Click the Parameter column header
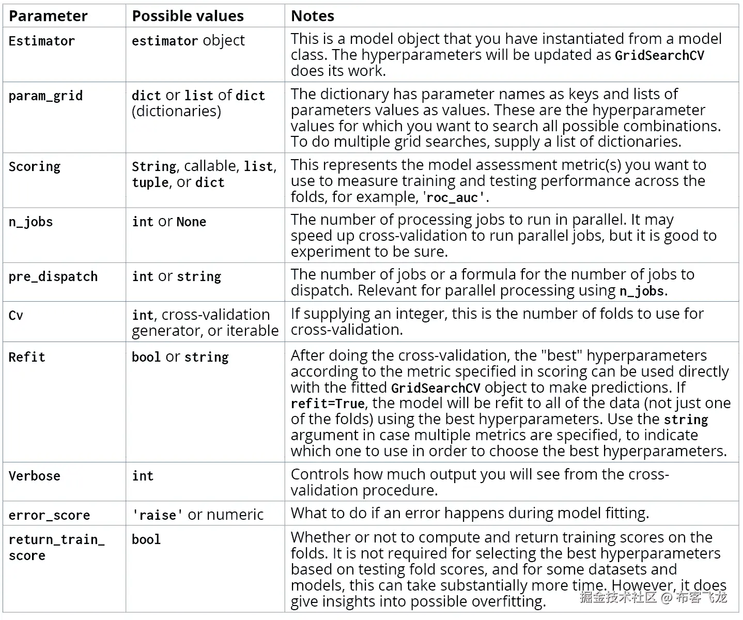pos(48,16)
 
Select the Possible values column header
pos(188,16)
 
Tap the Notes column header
pos(313,16)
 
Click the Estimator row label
pos(42,41)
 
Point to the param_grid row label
pos(45,96)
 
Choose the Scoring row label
pos(35,166)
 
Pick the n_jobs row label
pos(30,222)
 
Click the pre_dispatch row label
pos(53,276)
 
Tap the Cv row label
pos(16,315)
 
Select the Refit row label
pos(27,357)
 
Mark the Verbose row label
pos(35,476)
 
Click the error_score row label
pos(49,515)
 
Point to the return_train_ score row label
pos(56,547)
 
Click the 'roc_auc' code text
pos(454,197)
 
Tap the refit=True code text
pos(328,404)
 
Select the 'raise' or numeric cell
pos(197,515)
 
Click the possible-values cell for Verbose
pos(143,476)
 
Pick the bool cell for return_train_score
pos(146,539)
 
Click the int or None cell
pos(169,222)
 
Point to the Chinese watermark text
pos(653,598)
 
